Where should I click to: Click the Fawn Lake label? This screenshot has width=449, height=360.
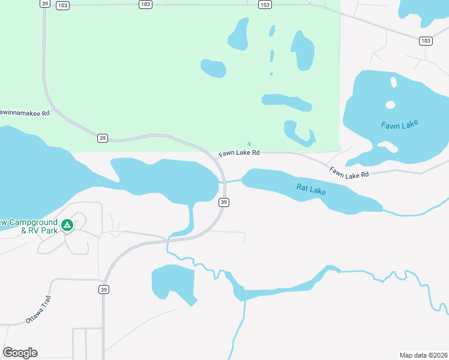[399, 125]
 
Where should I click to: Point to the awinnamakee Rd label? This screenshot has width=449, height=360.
[25, 112]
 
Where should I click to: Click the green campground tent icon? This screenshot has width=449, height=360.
[68, 225]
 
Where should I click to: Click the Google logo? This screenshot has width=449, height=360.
[20, 353]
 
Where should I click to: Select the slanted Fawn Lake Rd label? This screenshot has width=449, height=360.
[348, 172]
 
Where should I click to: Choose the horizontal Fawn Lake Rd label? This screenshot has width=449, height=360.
[239, 154]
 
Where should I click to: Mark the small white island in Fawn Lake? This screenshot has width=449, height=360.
[390, 105]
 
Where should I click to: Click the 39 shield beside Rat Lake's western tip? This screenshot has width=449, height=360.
[224, 203]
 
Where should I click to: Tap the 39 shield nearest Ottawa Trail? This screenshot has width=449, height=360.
[104, 289]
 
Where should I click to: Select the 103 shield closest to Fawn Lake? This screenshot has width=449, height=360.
[426, 41]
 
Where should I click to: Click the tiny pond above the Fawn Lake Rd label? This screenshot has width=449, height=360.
[249, 144]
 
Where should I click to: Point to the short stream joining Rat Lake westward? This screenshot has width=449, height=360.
[232, 181]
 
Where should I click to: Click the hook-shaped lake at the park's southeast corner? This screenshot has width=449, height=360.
[298, 134]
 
